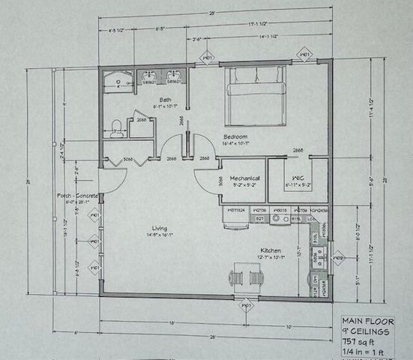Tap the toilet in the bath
tap(115, 129)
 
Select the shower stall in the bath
tap(118, 80)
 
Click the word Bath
tap(166, 100)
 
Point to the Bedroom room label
tap(235, 136)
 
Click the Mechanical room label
tap(244, 178)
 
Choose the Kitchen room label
tap(271, 250)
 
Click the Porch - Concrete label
tap(77, 196)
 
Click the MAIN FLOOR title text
tap(367, 319)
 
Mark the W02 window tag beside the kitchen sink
tap(337, 258)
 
